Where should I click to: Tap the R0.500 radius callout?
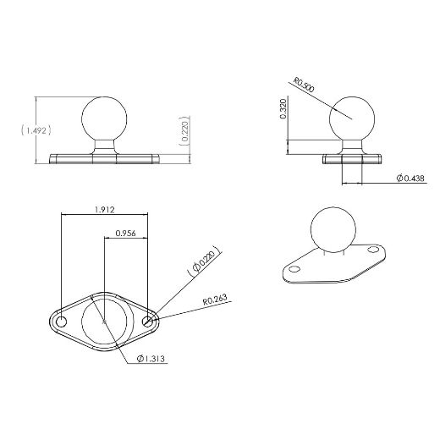coord(305,86)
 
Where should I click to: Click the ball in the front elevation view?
coord(107,118)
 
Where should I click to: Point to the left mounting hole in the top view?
coord(61,322)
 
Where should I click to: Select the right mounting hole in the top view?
coord(149,322)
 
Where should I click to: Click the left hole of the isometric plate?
coord(294,268)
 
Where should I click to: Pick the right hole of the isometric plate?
coord(373,250)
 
